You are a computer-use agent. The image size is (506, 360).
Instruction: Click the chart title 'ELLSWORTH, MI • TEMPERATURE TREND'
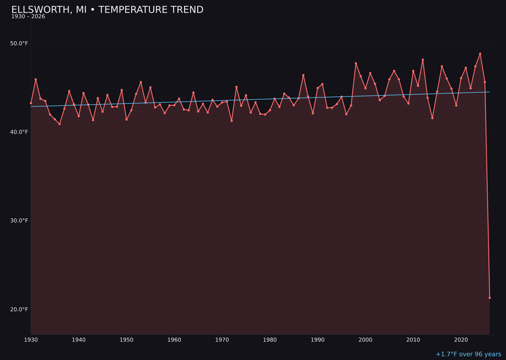tap(107, 10)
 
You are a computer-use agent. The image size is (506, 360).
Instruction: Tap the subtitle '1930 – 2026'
tap(28, 17)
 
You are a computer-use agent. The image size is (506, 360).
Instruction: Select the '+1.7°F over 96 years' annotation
tap(468, 354)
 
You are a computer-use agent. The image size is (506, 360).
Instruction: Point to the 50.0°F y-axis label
tap(19, 44)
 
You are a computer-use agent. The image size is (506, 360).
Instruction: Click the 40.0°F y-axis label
tap(19, 132)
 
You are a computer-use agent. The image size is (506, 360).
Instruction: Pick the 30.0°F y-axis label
tap(19, 221)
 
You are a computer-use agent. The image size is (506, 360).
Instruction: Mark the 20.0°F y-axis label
tap(19, 309)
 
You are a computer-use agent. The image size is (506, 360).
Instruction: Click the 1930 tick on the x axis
tap(31, 340)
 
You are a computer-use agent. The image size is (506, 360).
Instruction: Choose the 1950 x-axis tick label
tap(126, 340)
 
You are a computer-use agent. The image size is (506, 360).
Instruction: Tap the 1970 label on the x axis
tap(222, 340)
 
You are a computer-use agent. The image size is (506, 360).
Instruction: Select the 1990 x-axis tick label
tap(318, 340)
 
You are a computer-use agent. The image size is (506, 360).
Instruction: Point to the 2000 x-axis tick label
tap(365, 340)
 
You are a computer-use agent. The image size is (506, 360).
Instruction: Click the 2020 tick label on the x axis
tap(461, 340)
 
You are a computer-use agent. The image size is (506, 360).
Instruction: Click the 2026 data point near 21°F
tap(490, 298)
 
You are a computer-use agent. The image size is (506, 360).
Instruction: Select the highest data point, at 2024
tap(480, 54)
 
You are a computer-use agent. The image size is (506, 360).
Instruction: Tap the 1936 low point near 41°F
tap(60, 124)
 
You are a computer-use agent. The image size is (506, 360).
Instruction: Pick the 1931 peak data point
tap(36, 79)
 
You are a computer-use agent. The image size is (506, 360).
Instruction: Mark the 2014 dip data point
tap(432, 118)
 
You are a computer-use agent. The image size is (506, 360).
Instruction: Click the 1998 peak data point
tap(356, 63)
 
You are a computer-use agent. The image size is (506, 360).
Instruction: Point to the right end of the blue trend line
tap(490, 92)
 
